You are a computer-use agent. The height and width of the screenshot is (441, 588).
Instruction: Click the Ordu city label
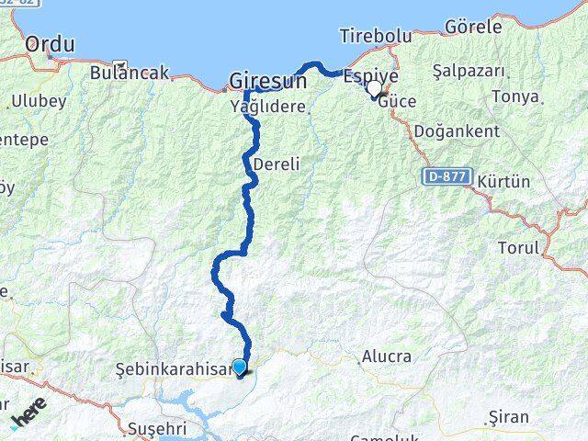(x=50, y=44)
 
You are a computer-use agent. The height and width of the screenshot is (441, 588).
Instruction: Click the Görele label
(x=473, y=27)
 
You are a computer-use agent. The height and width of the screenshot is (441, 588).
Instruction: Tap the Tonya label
(x=514, y=96)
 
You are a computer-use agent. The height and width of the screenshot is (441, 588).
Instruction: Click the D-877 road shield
(x=447, y=175)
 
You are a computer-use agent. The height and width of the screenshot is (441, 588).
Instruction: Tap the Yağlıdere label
(x=266, y=107)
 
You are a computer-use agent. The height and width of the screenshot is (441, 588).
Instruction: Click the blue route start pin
(x=240, y=367)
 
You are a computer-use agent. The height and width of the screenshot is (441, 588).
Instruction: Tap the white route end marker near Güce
(x=375, y=89)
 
